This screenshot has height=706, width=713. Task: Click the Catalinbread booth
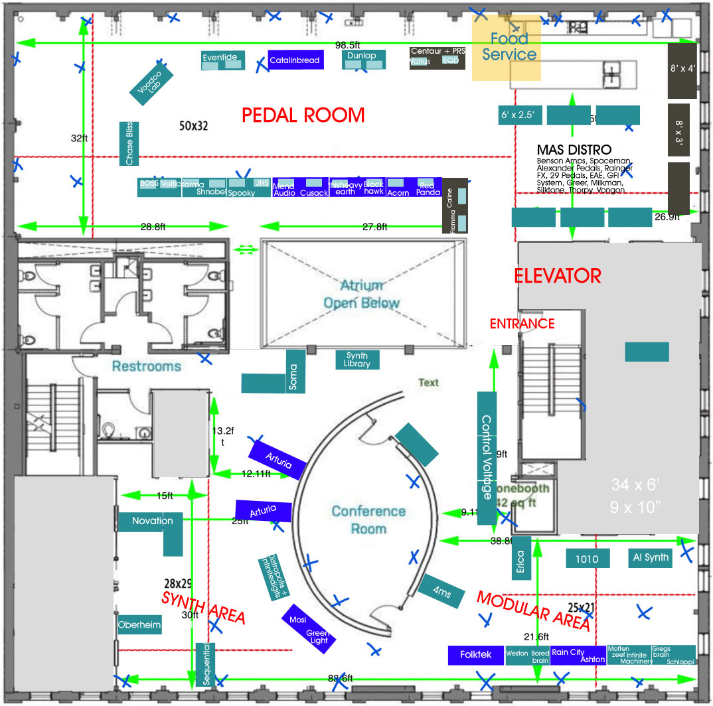coord(295,60)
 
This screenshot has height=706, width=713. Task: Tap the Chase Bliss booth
coord(129,143)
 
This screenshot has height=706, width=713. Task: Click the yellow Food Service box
coord(507,48)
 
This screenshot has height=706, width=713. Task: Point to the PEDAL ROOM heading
coord(303,115)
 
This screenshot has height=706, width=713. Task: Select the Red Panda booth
coord(428,188)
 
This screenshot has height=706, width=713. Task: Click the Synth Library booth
coord(357,360)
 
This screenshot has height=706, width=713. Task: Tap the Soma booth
coord(293,377)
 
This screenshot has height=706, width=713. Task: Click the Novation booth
coord(151,522)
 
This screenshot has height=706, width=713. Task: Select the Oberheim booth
coord(139,624)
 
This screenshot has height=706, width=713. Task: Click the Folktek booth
coord(476,655)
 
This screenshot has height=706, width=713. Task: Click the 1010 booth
coord(587,559)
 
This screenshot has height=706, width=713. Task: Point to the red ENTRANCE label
coord(522,324)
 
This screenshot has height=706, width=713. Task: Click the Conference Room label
coord(368,520)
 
